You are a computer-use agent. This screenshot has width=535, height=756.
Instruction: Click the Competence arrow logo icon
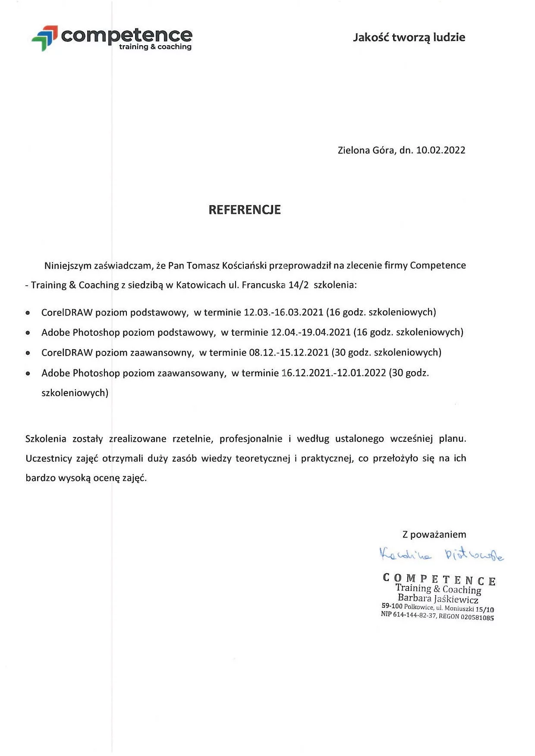click(45, 37)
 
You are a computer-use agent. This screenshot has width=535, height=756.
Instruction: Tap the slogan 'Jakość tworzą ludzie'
click(409, 37)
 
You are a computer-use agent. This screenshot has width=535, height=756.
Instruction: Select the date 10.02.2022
click(441, 150)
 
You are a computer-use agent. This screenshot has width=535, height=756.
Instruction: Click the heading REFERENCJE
click(245, 210)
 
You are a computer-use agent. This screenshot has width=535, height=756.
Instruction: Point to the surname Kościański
click(244, 266)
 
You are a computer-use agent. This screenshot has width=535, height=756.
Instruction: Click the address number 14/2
click(298, 285)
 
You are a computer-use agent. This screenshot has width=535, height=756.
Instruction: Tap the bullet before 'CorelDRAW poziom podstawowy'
click(28, 313)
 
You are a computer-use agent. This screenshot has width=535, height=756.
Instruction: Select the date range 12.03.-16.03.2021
click(283, 312)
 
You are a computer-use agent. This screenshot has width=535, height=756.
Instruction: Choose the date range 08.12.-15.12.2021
click(289, 353)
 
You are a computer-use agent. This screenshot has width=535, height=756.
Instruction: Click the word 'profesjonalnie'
click(251, 439)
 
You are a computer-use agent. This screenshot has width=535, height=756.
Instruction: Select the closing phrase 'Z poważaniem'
click(434, 534)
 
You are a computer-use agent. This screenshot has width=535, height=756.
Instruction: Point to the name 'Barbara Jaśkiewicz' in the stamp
click(438, 599)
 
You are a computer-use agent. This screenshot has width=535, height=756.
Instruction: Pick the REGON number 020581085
click(477, 617)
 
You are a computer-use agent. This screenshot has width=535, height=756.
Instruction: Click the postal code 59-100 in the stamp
click(392, 606)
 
